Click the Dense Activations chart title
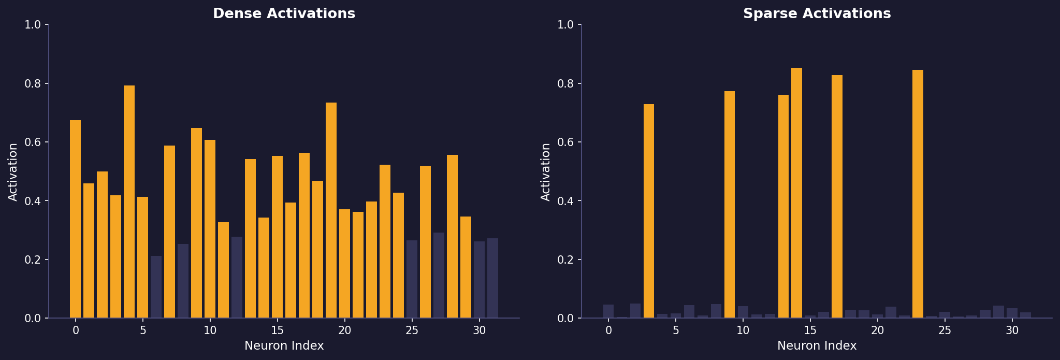pos(284,14)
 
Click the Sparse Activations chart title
pos(817,14)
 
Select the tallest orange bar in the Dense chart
pos(129,202)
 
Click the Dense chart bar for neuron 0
pos(75,219)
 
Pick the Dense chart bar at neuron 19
pos(331,210)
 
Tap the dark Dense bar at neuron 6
pos(156,287)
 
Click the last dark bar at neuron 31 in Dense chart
pos(492,278)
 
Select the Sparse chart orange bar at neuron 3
pos(649,211)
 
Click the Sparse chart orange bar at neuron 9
pos(730,205)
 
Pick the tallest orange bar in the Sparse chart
pos(796,193)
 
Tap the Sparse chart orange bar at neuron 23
pos(918,194)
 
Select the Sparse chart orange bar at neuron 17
pos(837,197)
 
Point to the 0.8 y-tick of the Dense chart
pos(34,83)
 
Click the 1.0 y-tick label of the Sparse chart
pos(567,24)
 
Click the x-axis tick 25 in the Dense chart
pos(412,330)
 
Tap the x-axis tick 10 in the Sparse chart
pos(743,330)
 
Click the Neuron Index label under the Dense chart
pos(284,346)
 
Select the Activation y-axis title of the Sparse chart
pos(546,171)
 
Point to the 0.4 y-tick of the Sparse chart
pos(567,201)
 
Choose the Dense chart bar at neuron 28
pos(452,236)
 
